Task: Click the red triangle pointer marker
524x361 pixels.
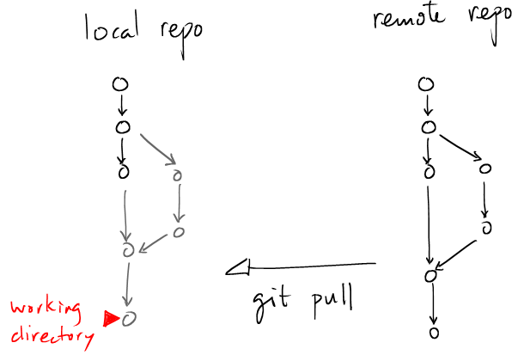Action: pos(110,319)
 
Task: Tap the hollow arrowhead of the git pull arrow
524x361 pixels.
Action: pos(237,270)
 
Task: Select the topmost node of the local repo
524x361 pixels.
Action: pos(120,84)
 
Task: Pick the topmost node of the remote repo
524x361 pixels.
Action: pos(425,84)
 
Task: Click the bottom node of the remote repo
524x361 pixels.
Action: pos(435,332)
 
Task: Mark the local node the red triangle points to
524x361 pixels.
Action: pos(129,319)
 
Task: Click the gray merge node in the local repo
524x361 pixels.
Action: pos(130,251)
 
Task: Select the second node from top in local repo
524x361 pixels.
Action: pos(122,127)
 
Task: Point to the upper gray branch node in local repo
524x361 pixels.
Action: pos(178,174)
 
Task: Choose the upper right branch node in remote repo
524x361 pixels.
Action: pos(487,169)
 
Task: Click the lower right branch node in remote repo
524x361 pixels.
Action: pos(486,228)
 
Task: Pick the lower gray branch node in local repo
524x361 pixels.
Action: pos(178,231)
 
